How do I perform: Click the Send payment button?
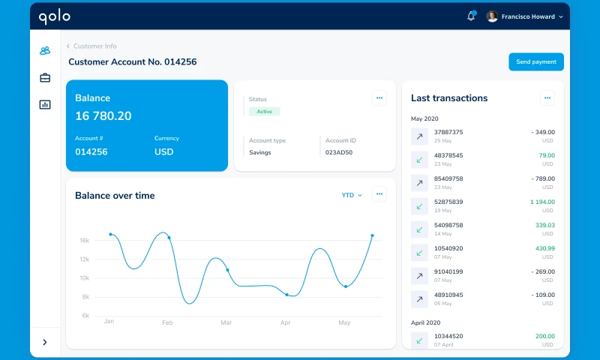(x=535, y=62)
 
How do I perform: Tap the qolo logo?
(x=55, y=16)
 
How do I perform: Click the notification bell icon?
(x=471, y=16)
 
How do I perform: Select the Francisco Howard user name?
(x=528, y=16)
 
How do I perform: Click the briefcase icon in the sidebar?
(x=45, y=78)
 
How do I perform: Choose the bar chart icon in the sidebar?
(x=45, y=104)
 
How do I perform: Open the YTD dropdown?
(x=352, y=195)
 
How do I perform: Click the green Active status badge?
(x=264, y=111)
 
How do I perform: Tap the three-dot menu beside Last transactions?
(x=547, y=97)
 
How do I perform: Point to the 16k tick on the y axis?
(x=85, y=241)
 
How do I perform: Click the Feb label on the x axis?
(x=168, y=322)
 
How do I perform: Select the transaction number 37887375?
(x=448, y=132)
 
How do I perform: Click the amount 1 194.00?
(x=541, y=202)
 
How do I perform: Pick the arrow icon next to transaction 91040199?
(x=419, y=276)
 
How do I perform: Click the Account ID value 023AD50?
(x=339, y=152)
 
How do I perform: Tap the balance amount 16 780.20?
(x=103, y=116)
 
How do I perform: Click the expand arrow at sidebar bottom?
(x=45, y=342)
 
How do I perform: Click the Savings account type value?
(x=260, y=152)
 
